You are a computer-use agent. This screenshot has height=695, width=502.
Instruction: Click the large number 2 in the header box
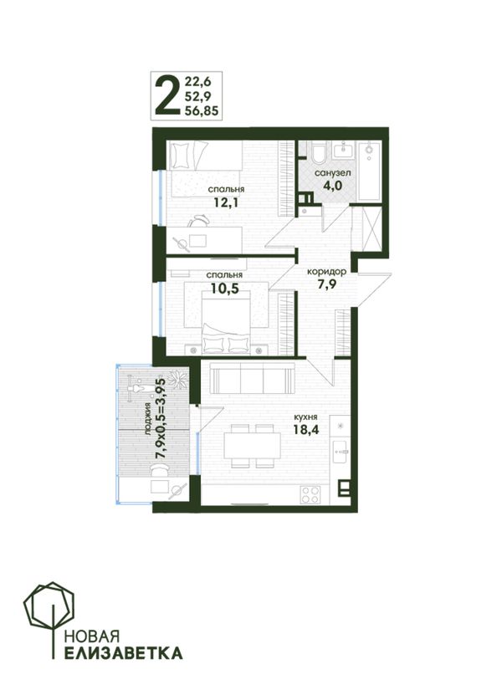click(x=166, y=95)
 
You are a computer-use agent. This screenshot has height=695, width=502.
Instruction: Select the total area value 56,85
click(x=202, y=110)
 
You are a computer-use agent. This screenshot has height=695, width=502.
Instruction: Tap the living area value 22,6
click(x=197, y=81)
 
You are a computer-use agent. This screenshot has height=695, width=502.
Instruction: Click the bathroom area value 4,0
click(x=333, y=186)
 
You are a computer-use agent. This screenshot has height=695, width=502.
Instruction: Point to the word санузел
click(x=333, y=173)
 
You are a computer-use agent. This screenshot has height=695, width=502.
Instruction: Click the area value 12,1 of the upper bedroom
click(x=226, y=202)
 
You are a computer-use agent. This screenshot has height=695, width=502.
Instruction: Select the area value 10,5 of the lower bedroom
click(x=224, y=289)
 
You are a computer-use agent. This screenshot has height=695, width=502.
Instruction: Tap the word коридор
click(x=327, y=271)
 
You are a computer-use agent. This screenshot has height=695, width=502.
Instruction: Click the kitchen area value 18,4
click(x=306, y=429)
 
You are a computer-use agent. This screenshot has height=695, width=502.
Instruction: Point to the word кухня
click(x=305, y=417)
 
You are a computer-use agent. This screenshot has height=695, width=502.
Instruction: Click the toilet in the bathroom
click(x=319, y=153)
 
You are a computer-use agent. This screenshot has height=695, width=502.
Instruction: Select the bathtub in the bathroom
click(x=369, y=171)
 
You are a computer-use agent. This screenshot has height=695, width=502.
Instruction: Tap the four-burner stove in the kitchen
click(x=310, y=494)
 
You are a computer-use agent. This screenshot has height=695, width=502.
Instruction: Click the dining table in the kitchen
click(x=252, y=446)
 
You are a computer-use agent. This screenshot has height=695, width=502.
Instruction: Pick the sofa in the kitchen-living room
click(x=253, y=378)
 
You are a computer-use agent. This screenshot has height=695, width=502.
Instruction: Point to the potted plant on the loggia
click(x=180, y=380)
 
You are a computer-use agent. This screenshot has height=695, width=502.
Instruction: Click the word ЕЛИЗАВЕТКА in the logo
click(x=123, y=653)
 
